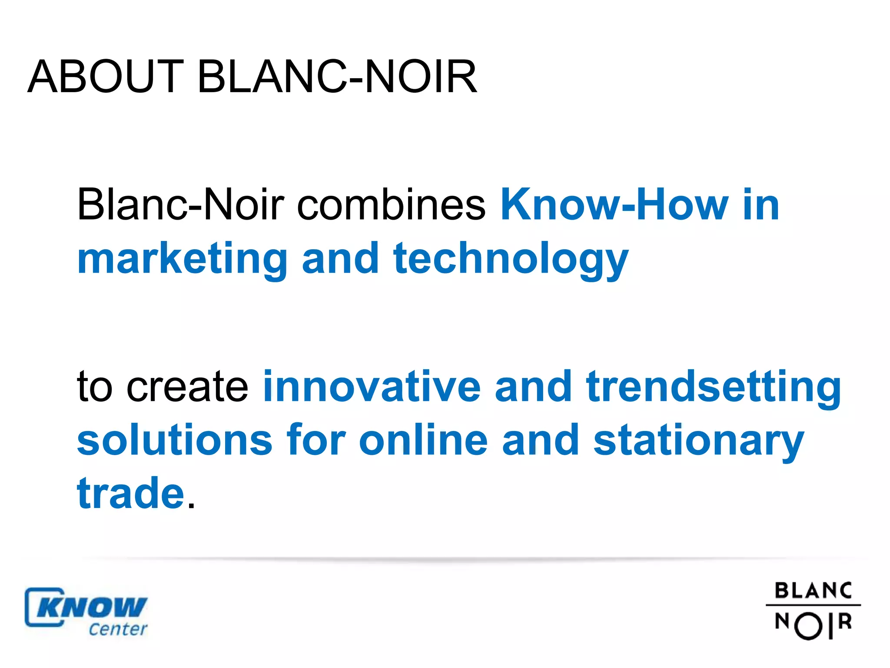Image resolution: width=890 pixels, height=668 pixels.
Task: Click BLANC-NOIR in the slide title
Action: coord(337,77)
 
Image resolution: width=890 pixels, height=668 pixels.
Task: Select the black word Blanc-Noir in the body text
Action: coord(180,204)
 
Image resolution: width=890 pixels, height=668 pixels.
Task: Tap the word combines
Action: coord(391,204)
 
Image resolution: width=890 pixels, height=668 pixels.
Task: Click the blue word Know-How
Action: coord(614,204)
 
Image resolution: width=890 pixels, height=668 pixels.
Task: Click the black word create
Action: coord(187,387)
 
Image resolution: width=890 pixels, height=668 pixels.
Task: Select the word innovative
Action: coord(372,387)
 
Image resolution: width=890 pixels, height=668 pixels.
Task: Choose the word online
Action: coord(423,441)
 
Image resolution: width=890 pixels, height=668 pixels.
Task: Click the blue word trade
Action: coord(131,494)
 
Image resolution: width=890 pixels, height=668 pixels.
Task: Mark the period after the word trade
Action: coord(191,506)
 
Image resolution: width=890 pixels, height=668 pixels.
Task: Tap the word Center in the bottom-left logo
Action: coord(118,629)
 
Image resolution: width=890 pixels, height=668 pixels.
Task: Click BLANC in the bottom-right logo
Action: coord(813,591)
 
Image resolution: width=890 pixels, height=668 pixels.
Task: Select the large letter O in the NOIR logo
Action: coord(809,626)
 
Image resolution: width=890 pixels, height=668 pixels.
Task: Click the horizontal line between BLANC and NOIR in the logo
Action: coord(813,605)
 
